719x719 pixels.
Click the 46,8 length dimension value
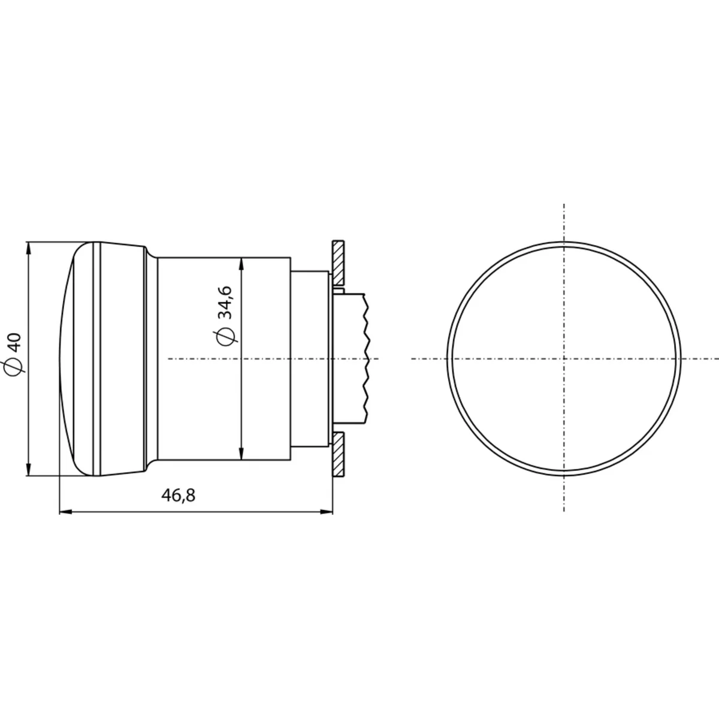(178, 495)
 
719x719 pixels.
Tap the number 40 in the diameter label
(16, 343)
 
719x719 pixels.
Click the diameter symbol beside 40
(14, 366)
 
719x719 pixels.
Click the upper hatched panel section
(338, 262)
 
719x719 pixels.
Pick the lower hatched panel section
(338, 454)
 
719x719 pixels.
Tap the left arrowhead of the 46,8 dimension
(66, 512)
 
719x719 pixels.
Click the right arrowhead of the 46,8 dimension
(327, 512)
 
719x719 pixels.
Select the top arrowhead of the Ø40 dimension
(29, 248)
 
